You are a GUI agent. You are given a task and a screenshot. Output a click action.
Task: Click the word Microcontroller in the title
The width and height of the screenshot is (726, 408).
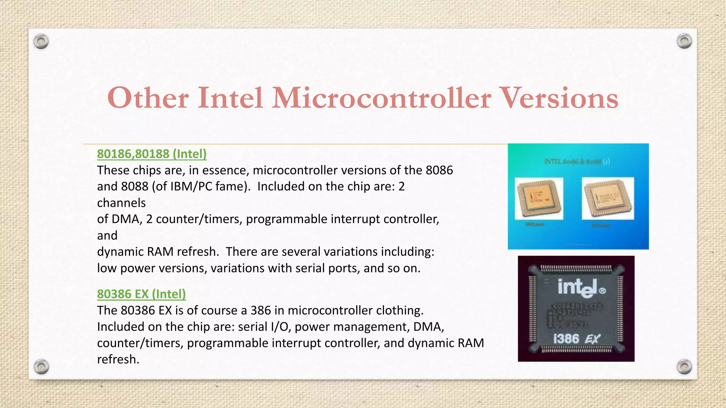[x=381, y=98]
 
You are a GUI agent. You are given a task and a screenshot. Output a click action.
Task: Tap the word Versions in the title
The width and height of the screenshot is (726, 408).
[x=560, y=98]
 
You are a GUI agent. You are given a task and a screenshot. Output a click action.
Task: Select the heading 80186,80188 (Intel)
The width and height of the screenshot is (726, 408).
[x=152, y=154]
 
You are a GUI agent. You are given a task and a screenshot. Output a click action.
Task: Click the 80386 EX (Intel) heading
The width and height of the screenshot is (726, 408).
[x=141, y=294]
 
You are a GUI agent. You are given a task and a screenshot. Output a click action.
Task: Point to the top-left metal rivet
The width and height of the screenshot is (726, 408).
[x=41, y=41]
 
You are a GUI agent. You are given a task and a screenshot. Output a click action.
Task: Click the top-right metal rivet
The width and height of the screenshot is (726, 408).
[x=684, y=41]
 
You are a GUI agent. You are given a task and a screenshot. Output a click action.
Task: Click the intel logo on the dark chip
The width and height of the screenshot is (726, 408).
[x=581, y=288]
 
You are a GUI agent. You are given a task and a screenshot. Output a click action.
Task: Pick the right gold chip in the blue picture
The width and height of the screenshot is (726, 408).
[x=608, y=198]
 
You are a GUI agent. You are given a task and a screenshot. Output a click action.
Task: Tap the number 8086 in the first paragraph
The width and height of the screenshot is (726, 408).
[x=439, y=170]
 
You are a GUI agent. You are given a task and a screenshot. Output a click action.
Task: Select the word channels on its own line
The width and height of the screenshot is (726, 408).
[x=121, y=203]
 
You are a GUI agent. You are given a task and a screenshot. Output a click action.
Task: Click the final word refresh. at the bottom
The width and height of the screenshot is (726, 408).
[x=118, y=359]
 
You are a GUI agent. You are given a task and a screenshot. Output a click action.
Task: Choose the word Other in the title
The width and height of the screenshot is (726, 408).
[x=148, y=98]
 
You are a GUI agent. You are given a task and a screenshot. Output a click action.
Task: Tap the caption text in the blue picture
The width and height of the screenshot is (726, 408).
[x=577, y=161]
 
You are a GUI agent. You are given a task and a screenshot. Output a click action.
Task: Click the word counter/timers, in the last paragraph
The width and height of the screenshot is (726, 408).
[x=140, y=343]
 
